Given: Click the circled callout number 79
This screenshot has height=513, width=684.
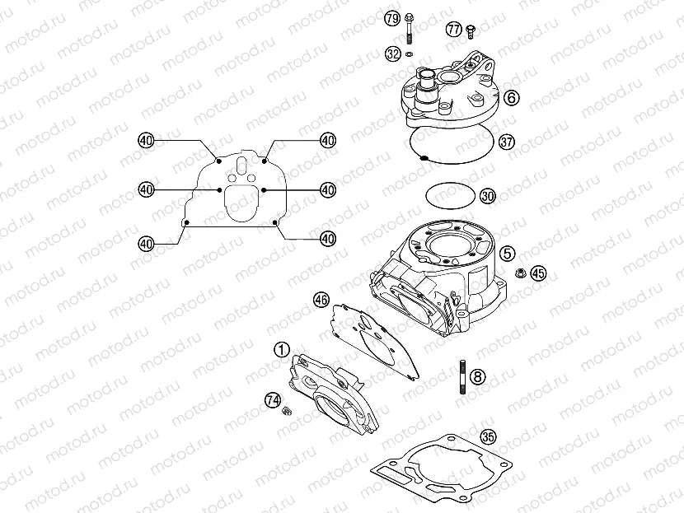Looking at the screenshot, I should pyautogui.click(x=392, y=18).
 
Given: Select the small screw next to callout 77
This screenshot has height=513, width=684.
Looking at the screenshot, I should pyautogui.click(x=471, y=30).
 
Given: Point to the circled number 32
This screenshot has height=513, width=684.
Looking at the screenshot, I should pyautogui.click(x=392, y=54).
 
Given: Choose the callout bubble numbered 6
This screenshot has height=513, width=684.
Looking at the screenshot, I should pyautogui.click(x=511, y=98).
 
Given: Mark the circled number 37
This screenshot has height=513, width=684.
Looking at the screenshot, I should pyautogui.click(x=506, y=142).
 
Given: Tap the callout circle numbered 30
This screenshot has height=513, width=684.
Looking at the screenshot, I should pyautogui.click(x=487, y=196).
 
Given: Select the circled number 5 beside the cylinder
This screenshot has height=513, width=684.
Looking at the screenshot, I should pyautogui.click(x=508, y=253).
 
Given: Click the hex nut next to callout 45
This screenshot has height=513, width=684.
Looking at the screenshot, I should pyautogui.click(x=520, y=273).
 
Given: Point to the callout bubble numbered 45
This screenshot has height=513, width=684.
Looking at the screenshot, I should pyautogui.click(x=537, y=273).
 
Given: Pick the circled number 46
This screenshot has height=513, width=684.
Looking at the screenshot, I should pyautogui.click(x=321, y=300).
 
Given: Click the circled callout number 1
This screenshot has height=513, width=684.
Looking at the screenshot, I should pyautogui.click(x=283, y=349).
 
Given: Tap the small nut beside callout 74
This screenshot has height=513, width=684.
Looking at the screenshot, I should pyautogui.click(x=288, y=411).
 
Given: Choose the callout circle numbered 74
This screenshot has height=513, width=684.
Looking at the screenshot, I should pyautogui.click(x=273, y=400).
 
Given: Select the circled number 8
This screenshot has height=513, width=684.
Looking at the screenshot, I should pyautogui.click(x=478, y=377).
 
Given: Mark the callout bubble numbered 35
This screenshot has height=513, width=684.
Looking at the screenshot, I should pyautogui.click(x=488, y=437).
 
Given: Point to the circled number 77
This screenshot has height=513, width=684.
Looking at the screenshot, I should pyautogui.click(x=453, y=30).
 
